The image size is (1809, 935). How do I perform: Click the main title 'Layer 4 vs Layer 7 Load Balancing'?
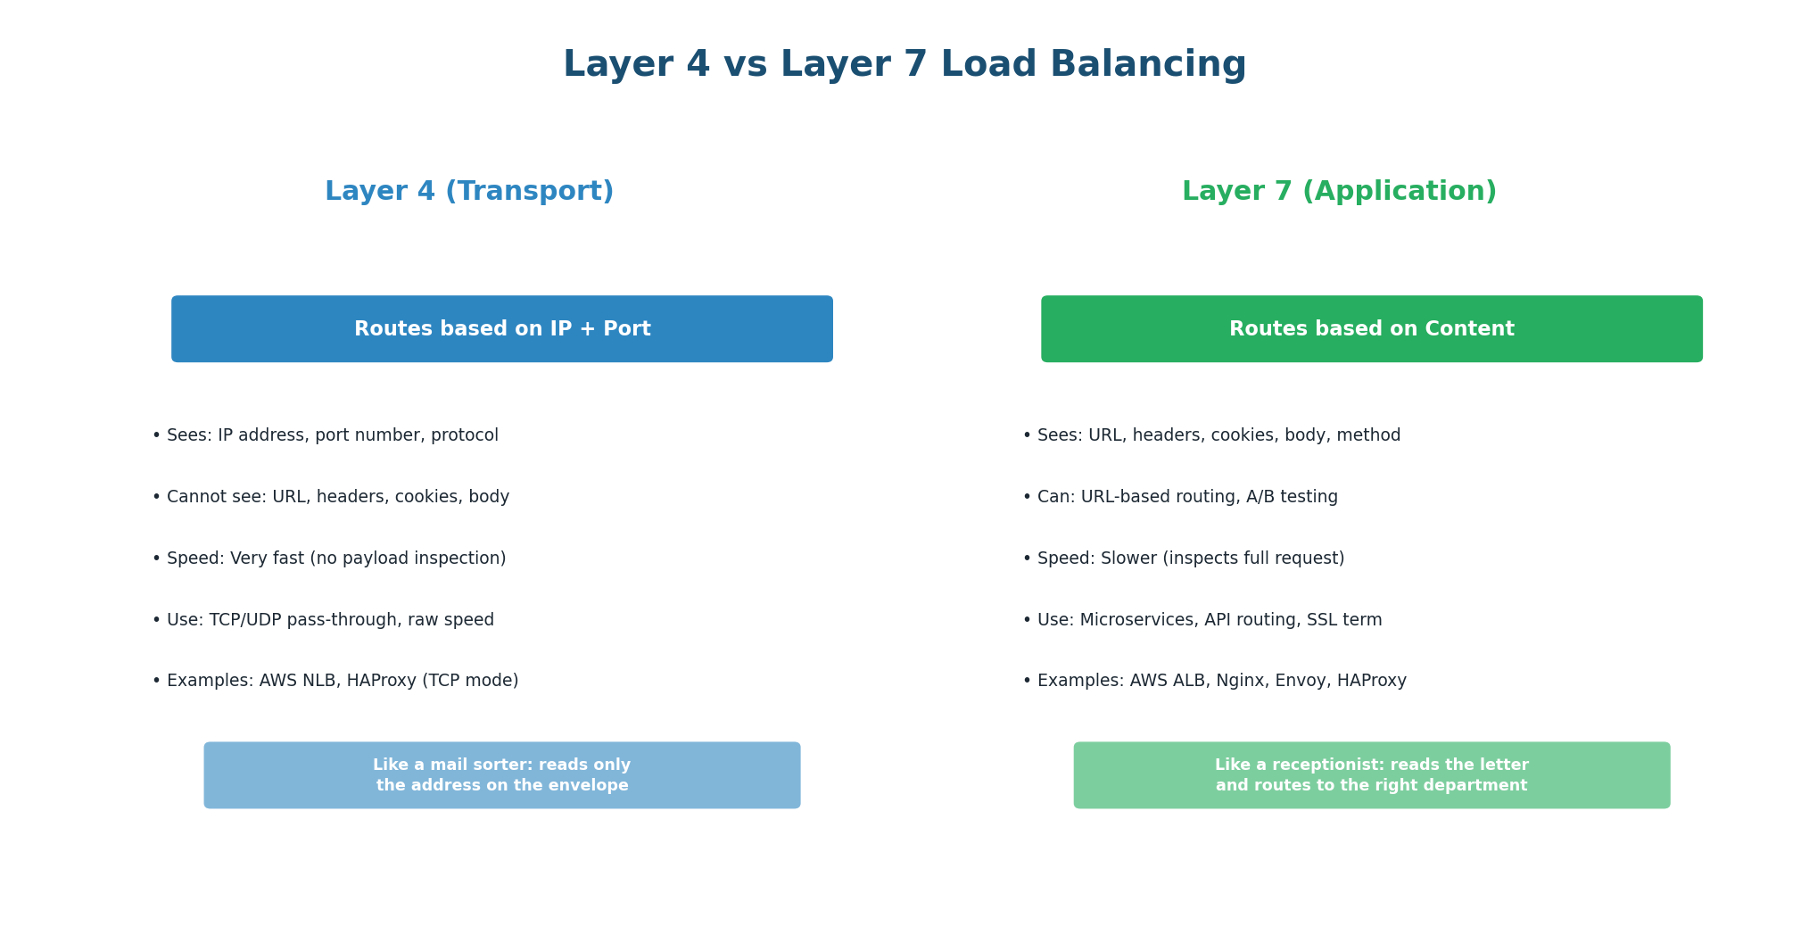point(904,65)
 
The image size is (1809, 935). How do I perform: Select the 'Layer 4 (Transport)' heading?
point(469,192)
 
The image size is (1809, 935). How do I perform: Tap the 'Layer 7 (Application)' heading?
point(1339,192)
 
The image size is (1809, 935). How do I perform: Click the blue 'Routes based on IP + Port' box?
point(502,329)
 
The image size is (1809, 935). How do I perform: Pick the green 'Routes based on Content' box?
point(1371,329)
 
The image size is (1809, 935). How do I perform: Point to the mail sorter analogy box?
point(502,775)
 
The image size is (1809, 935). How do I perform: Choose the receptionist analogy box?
point(1371,775)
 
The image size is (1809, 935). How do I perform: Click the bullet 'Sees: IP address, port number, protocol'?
point(326,435)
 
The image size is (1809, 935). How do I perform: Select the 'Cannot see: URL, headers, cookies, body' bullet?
point(331,497)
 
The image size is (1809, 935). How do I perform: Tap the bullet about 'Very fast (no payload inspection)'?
point(329,559)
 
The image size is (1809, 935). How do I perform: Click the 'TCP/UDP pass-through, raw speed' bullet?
point(323,620)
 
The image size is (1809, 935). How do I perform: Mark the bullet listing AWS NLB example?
point(335,681)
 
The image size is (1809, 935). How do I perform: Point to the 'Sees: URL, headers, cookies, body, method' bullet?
point(1211,435)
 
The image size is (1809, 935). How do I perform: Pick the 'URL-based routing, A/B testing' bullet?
point(1180,497)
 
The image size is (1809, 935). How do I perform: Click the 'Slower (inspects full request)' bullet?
point(1184,559)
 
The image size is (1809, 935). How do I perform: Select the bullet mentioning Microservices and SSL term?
point(1202,620)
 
